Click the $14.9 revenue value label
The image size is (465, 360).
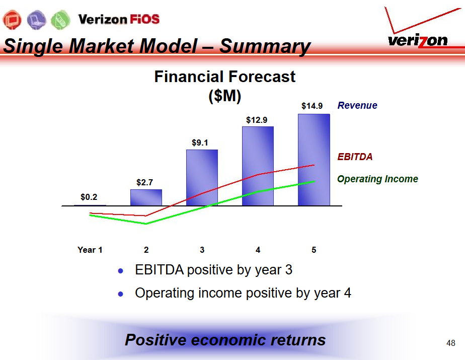312,106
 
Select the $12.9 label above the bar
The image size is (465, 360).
257,120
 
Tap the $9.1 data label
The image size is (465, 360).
200,143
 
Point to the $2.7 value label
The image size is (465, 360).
145,182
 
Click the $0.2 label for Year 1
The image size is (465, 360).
89,197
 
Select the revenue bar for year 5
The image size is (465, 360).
314,160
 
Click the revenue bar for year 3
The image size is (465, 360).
202,177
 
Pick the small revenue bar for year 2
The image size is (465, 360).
146,197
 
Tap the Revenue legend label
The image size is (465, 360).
357,105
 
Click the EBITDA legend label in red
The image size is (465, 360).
355,157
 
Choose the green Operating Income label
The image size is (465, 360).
377,179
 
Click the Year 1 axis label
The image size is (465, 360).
90,250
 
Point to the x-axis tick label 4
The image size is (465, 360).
258,250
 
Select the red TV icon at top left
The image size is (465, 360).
12,20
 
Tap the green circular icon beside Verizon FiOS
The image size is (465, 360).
60,20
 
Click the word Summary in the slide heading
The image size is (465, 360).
265,46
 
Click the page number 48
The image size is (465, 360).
451,343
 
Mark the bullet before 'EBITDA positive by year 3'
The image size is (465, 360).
120,271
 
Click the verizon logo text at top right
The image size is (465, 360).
418,41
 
